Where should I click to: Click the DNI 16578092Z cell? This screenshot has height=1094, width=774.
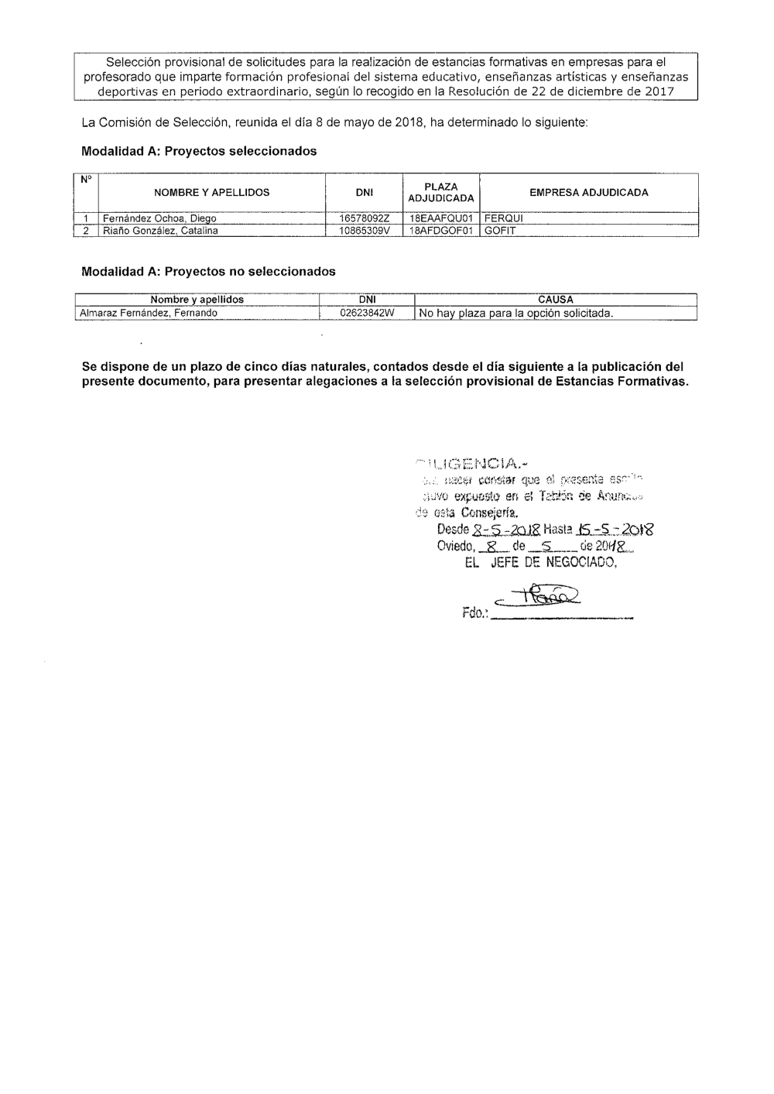364,219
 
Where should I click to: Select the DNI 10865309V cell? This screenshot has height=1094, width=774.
364,231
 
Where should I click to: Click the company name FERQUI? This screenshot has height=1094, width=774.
504,219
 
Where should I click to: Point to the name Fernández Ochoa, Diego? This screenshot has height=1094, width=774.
159,219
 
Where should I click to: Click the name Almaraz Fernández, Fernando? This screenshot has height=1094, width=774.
149,314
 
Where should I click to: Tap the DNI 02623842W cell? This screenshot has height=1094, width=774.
367,314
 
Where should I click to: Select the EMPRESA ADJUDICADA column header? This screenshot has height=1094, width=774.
588,193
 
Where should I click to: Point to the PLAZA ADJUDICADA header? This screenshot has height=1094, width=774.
440,193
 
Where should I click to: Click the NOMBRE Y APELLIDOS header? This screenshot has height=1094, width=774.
211,193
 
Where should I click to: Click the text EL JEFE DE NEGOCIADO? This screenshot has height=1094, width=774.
539,564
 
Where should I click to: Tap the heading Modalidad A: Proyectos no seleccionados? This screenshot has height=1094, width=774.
208,272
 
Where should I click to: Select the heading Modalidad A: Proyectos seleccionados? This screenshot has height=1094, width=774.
199,151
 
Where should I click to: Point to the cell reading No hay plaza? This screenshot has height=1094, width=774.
515,314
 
